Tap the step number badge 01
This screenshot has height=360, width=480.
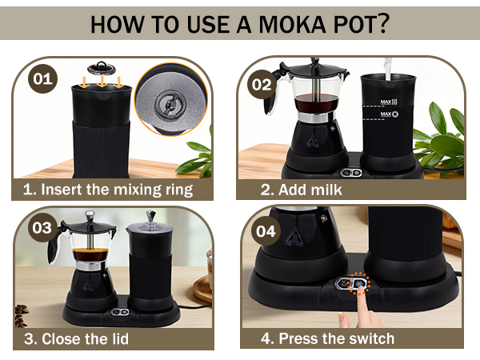(42, 79)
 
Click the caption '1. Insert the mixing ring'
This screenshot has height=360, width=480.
(107, 190)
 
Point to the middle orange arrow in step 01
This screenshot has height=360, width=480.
(101, 82)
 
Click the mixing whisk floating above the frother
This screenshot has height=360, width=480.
(101, 67)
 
